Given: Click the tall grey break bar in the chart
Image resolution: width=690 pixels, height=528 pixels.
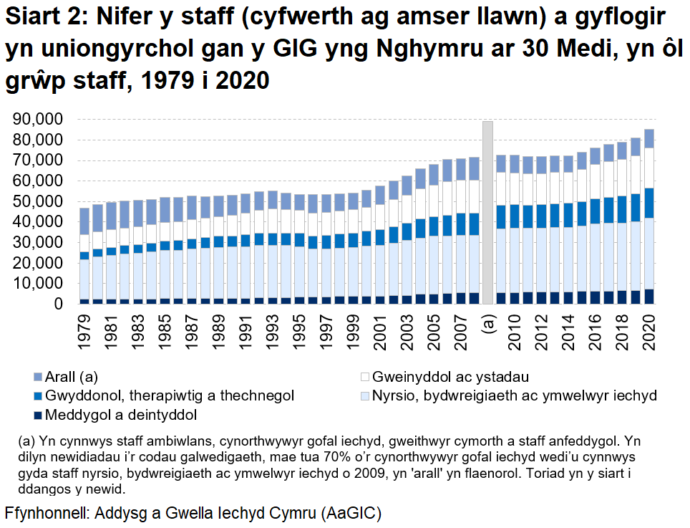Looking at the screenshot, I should (x=487, y=212).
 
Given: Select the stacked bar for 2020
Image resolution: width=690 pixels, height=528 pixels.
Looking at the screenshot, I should (x=649, y=217).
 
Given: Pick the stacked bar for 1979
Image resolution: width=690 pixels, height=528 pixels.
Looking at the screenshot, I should (x=84, y=256).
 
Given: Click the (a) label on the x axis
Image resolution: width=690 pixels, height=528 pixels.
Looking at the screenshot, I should (x=488, y=325).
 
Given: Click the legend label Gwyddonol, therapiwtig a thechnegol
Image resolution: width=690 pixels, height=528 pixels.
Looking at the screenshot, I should (x=169, y=395).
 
